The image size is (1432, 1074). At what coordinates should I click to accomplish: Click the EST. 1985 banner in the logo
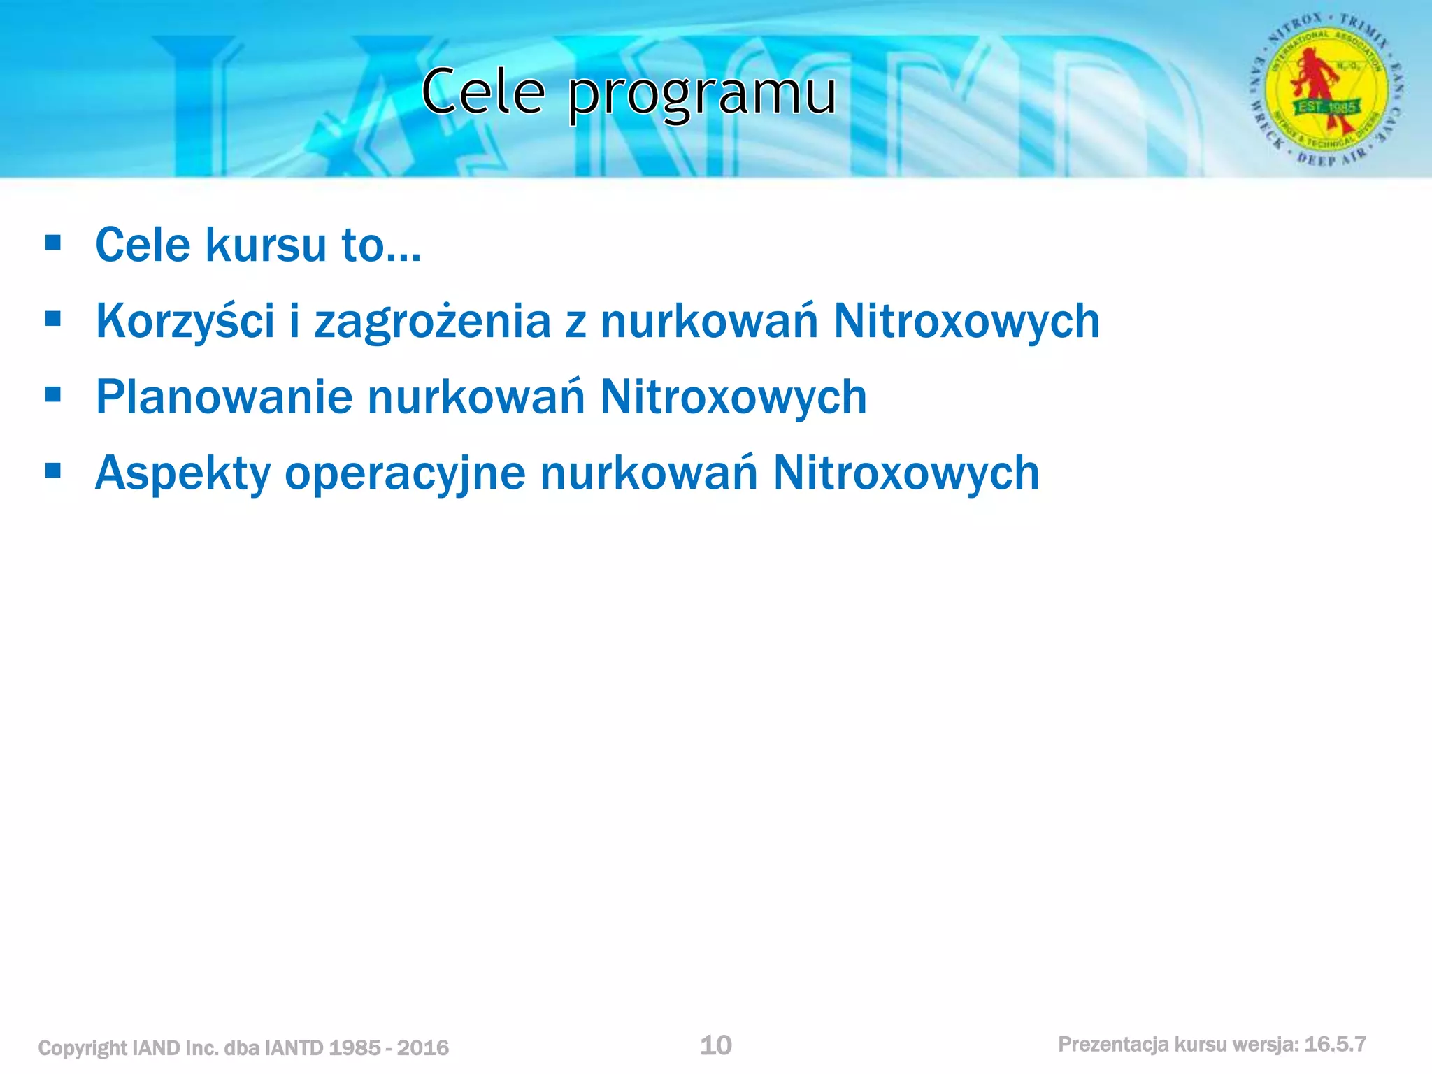pos(1327,108)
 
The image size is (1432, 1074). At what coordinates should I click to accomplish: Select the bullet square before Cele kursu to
pos(52,243)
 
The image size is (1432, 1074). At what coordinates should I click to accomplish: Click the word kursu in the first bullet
pos(266,245)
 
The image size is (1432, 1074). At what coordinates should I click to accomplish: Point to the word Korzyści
pos(185,322)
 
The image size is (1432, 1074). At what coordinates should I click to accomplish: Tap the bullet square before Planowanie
pos(52,394)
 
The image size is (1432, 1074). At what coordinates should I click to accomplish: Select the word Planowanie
pos(224,397)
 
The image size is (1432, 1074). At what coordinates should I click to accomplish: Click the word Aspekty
pos(182,474)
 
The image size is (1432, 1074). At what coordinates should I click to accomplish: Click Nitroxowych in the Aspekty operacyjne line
pos(906,473)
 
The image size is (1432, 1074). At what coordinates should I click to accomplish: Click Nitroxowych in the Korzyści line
pos(967,322)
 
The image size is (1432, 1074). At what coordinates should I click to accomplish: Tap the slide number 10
pos(715,1045)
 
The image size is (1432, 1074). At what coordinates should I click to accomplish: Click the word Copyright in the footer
pos(83,1048)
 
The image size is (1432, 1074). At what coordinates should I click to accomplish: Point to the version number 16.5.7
pos(1335,1045)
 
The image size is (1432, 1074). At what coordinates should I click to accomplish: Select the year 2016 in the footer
pos(422,1048)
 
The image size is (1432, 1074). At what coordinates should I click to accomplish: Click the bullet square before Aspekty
pos(52,471)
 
